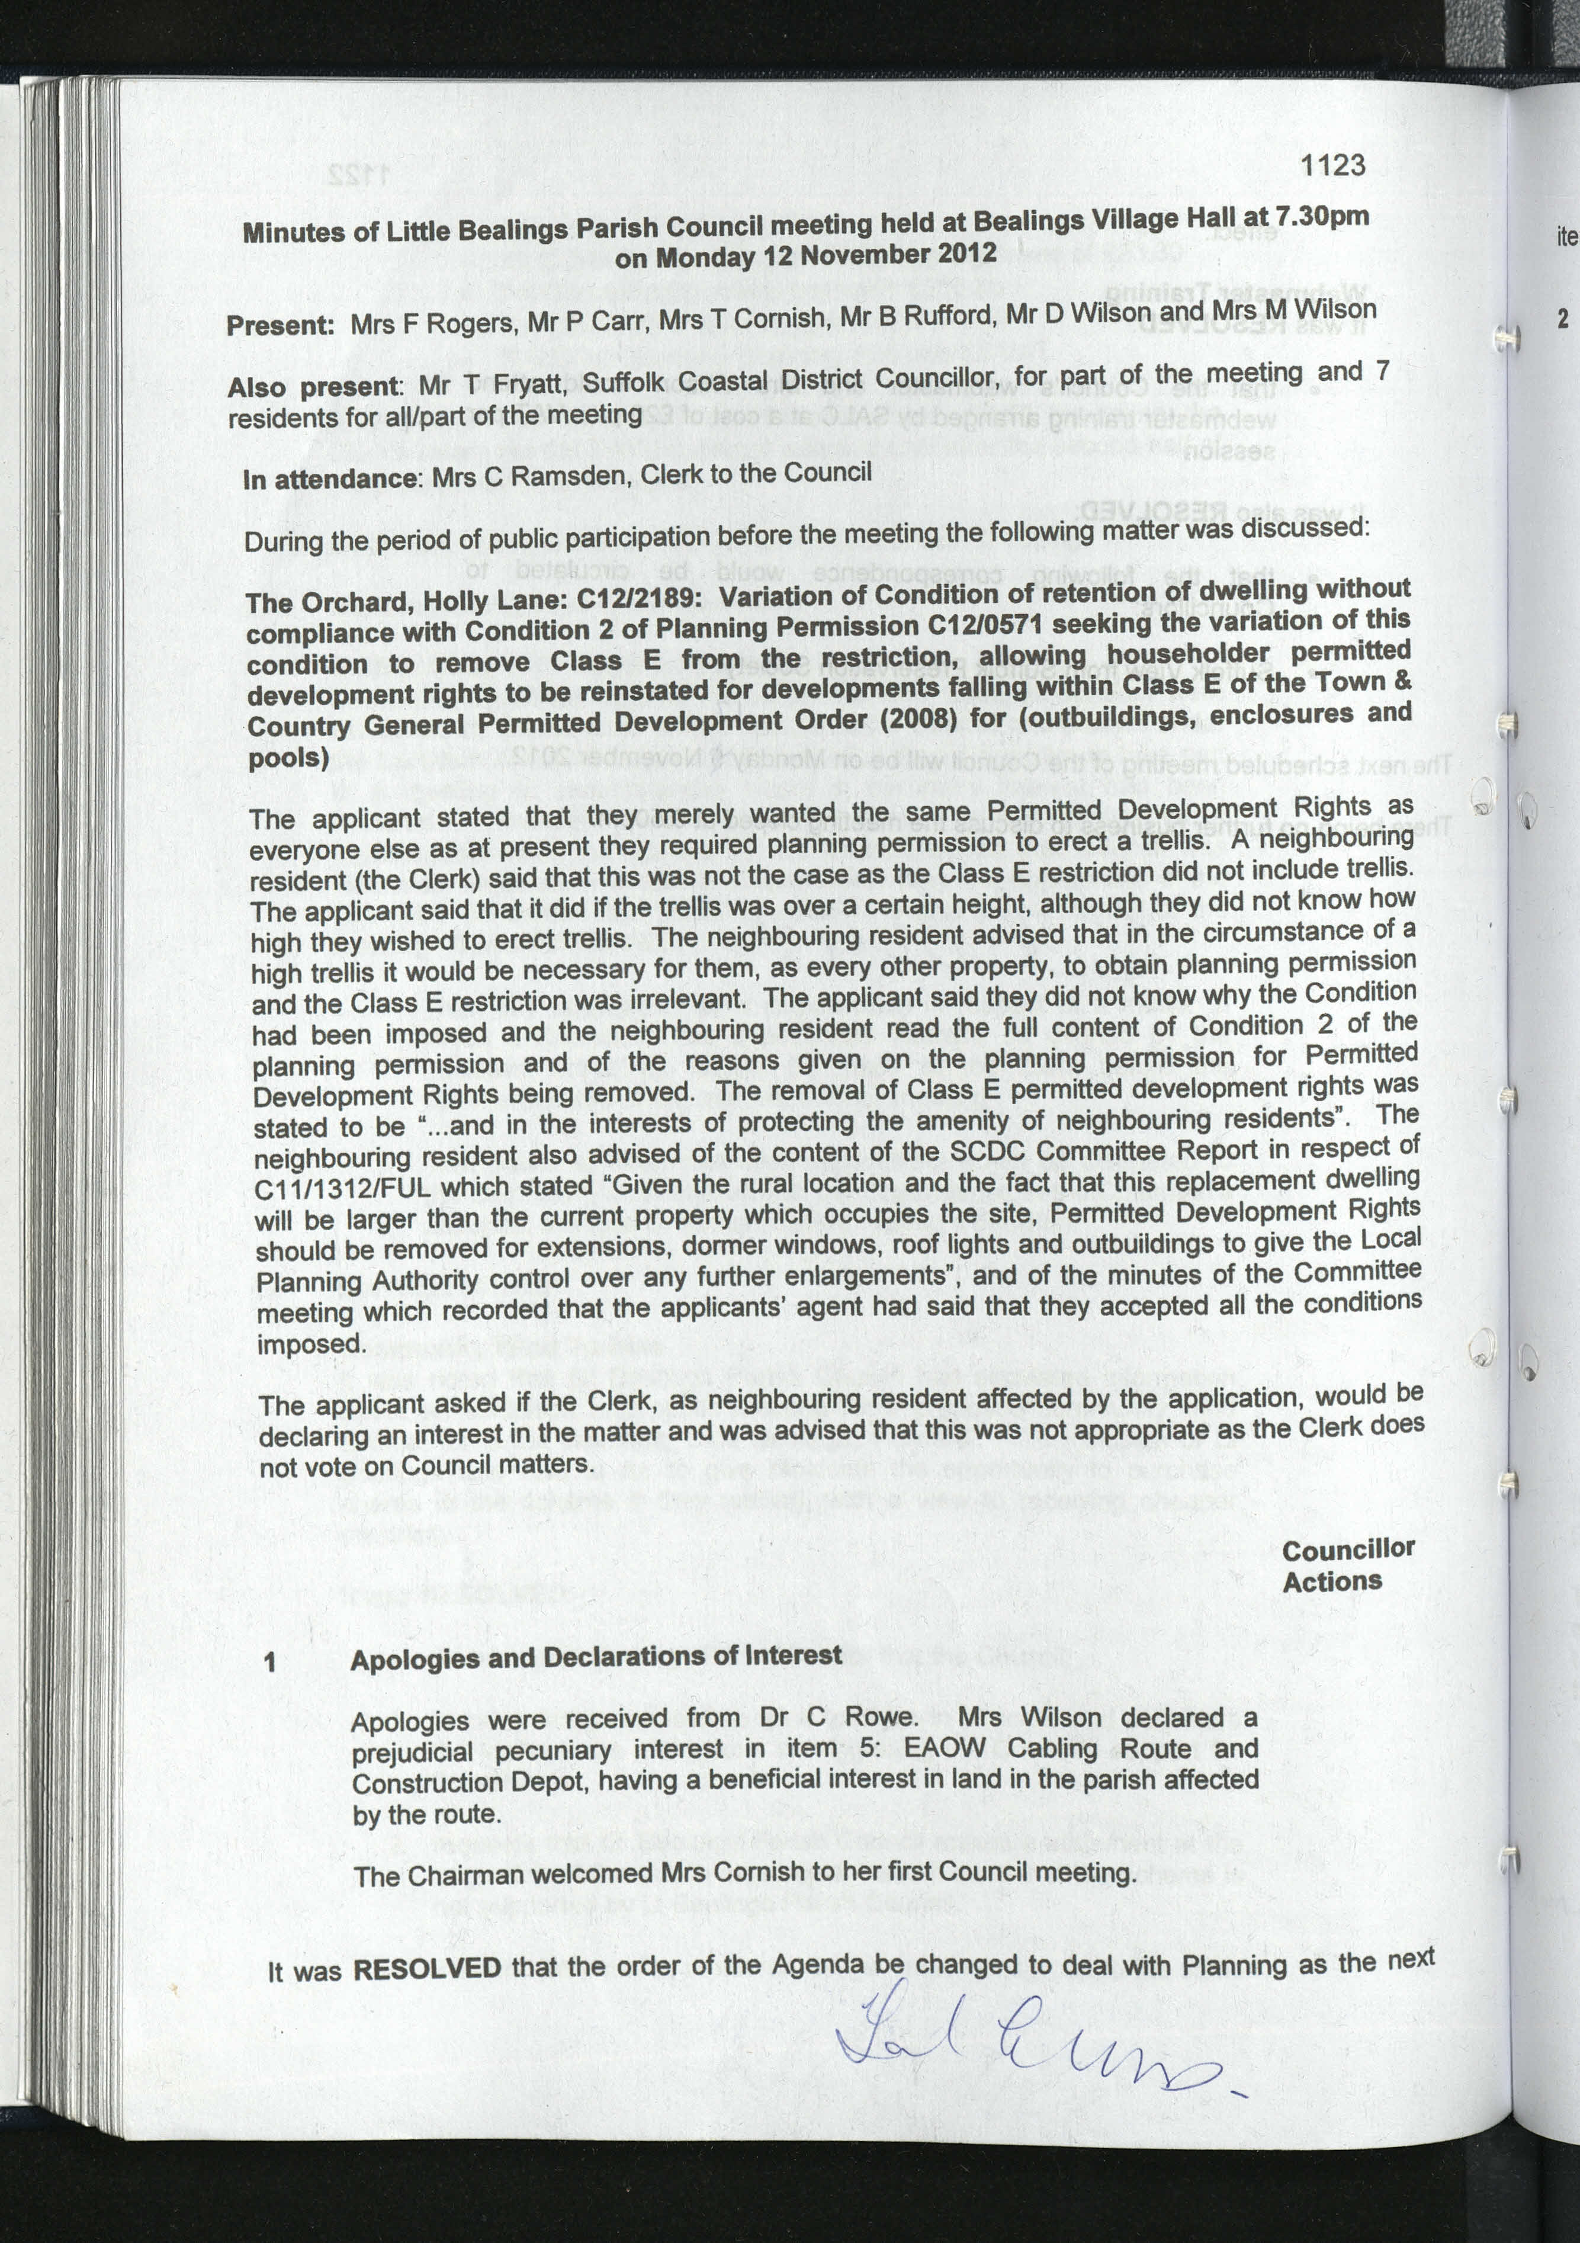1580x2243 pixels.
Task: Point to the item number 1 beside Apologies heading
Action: [x=271, y=1662]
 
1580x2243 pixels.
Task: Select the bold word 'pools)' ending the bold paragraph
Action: [x=288, y=758]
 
